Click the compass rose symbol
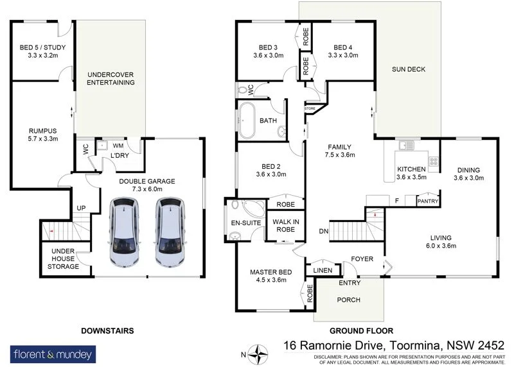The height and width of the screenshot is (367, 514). point(258,354)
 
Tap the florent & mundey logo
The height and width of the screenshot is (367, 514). point(53,354)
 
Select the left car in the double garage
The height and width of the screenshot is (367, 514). point(124,232)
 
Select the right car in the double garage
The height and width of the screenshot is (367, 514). point(170,232)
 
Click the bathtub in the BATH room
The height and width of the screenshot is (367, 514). point(247,120)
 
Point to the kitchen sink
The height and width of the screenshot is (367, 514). point(406,145)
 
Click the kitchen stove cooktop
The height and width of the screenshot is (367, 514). point(433,161)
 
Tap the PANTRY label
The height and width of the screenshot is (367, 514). point(427,201)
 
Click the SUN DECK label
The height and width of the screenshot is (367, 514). point(409,69)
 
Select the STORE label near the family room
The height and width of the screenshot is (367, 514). point(310,108)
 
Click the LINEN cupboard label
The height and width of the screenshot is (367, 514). point(323,270)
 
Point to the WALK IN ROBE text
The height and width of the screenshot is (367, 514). point(285,226)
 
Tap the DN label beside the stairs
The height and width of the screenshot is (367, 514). point(324,231)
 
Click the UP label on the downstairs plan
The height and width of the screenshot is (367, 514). point(81,208)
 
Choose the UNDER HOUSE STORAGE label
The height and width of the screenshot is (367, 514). point(63,259)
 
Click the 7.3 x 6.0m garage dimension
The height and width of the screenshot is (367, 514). point(147,189)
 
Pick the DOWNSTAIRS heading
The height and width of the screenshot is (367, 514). point(107,330)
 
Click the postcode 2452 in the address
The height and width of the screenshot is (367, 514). point(491,345)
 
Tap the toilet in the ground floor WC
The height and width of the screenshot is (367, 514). point(242,90)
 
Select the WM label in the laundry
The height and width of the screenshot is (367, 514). point(118,146)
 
